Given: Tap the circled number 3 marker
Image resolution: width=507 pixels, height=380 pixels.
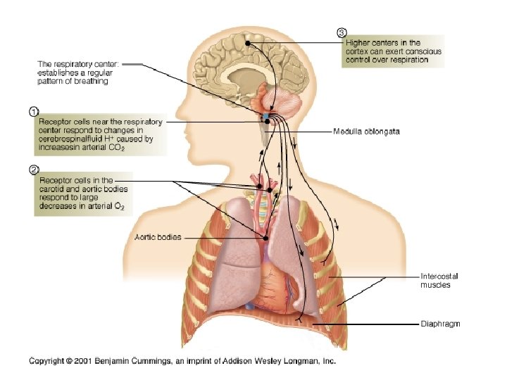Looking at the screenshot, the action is pos(342,32).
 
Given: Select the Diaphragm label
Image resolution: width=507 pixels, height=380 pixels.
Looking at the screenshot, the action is pos(440,324).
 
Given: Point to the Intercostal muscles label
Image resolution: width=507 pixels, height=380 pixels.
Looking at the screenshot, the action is pos(435,280).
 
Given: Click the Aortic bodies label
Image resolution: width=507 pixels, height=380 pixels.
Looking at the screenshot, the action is pos(157,237).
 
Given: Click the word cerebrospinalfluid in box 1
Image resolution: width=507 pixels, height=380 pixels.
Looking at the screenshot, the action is pos(68,139).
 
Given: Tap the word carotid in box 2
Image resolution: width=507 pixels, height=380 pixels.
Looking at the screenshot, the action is pos(55,189).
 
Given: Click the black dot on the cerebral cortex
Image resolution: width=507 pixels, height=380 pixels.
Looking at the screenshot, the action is pos(247,44).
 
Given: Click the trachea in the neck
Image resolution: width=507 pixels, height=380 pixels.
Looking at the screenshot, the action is pos(264,204).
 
